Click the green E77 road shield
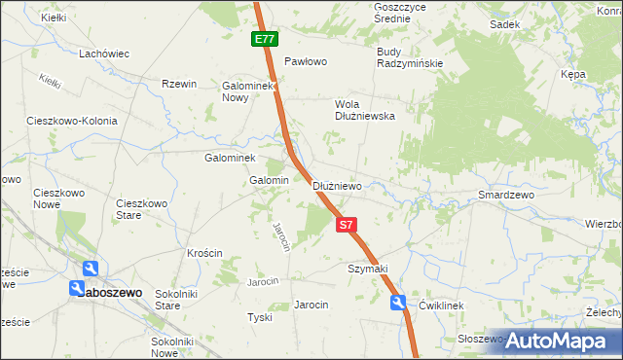click(x=264, y=40)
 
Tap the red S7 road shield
click(x=348, y=225)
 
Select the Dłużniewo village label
click(x=337, y=186)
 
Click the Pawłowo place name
click(x=305, y=61)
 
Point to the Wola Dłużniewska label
click(x=364, y=108)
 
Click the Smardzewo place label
click(x=507, y=196)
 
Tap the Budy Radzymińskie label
click(x=410, y=57)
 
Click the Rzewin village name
click(x=179, y=85)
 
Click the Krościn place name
click(x=204, y=253)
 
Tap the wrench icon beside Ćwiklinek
click(x=399, y=304)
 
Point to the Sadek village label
click(x=503, y=25)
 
